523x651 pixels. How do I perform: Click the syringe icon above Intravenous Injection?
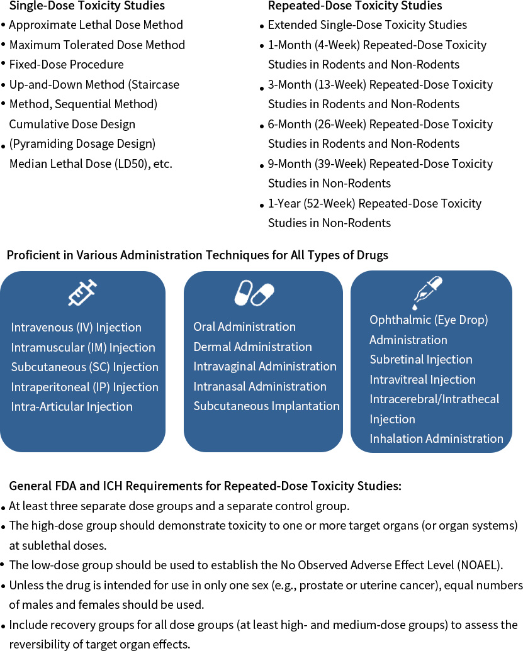(x=82, y=293)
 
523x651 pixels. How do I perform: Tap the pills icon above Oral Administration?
(x=254, y=293)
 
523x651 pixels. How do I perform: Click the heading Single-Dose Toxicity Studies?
(x=87, y=6)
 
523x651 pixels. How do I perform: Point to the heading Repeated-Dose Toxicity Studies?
(x=355, y=6)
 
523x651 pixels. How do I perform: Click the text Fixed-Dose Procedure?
(x=66, y=65)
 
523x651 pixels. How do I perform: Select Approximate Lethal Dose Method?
(x=96, y=25)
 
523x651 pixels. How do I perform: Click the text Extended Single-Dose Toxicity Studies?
(x=368, y=25)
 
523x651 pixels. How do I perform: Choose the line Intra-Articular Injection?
(x=72, y=407)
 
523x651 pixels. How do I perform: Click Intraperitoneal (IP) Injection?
(x=84, y=387)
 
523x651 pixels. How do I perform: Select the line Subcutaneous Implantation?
(x=266, y=406)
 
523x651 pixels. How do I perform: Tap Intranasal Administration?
(x=260, y=387)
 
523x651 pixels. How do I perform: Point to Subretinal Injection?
(x=420, y=360)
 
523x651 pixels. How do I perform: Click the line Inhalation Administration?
(x=436, y=439)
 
